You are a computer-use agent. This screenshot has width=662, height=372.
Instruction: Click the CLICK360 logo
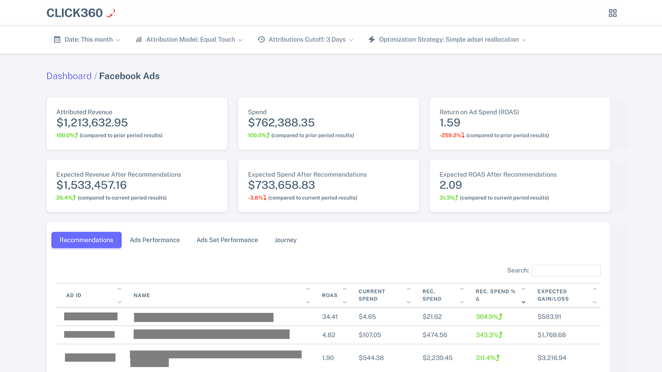[80, 13]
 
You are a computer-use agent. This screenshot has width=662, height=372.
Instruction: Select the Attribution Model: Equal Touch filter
[189, 40]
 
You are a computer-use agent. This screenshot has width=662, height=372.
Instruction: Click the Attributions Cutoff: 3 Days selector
[306, 40]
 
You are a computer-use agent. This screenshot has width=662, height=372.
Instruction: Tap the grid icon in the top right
[612, 13]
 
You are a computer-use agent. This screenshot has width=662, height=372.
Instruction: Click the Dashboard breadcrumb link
[69, 76]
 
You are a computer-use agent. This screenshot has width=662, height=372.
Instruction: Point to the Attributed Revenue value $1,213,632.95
[92, 123]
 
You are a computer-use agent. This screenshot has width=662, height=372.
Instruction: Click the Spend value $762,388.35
[281, 123]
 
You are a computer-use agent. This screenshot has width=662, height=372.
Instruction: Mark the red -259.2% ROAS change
[451, 135]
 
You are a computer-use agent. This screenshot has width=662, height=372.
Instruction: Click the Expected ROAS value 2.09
[451, 185]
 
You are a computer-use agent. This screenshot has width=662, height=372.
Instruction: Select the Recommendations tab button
[86, 240]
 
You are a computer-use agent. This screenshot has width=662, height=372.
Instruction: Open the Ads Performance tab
[155, 240]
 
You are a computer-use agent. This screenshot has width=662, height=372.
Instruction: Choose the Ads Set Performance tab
[227, 240]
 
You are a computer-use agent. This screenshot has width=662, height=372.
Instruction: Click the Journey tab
[285, 240]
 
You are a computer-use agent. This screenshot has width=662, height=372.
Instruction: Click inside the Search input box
[566, 270]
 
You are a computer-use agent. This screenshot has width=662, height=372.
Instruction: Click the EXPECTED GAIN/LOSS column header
[553, 295]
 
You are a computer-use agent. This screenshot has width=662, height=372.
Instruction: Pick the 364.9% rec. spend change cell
[489, 317]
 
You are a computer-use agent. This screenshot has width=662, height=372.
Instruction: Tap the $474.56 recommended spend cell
[434, 335]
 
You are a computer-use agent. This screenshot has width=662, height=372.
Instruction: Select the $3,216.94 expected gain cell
[552, 358]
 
